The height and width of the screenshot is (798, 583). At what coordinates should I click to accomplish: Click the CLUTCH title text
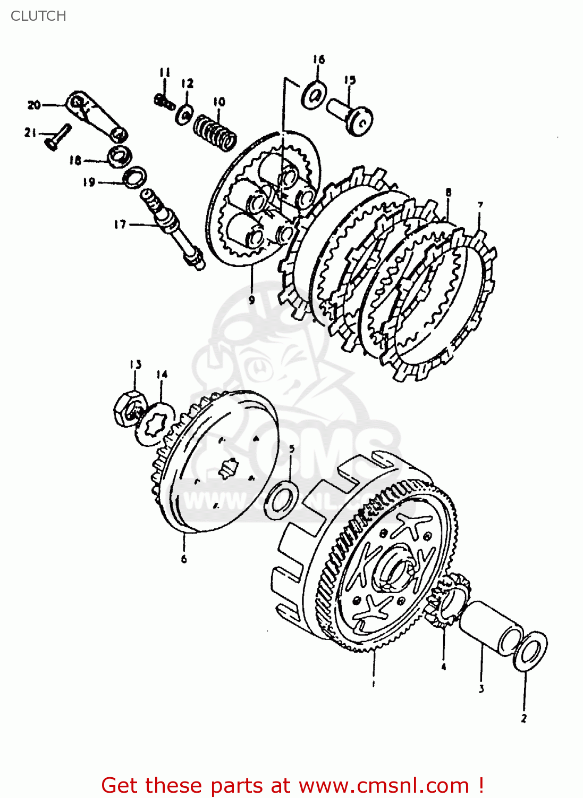[38, 16]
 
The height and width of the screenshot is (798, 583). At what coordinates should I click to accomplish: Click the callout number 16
[318, 59]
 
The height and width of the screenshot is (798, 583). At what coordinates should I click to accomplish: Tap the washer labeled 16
[314, 96]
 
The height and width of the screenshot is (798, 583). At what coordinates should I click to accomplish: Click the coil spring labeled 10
[215, 132]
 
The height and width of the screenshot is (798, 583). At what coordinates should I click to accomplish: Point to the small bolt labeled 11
[164, 101]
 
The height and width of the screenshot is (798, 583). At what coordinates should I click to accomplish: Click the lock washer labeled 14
[155, 423]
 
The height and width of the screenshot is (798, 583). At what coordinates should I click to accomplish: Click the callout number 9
[251, 300]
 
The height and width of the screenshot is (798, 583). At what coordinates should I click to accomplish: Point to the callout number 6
[184, 559]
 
